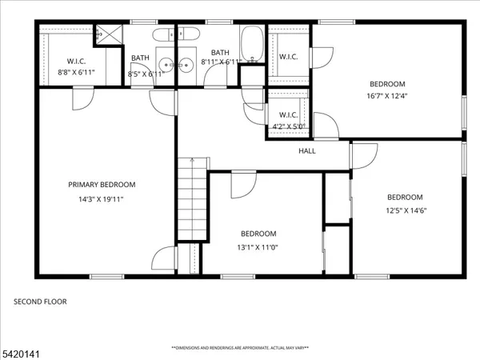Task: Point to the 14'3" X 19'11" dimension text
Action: [x=101, y=199]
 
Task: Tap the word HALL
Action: [x=307, y=150]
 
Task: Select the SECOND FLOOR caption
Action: [x=40, y=302]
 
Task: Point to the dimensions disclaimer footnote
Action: [x=240, y=348]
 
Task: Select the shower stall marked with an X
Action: [x=105, y=34]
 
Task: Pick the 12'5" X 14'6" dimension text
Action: [x=405, y=211]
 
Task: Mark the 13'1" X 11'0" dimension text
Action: [x=258, y=248]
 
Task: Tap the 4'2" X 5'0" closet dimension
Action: [x=289, y=126]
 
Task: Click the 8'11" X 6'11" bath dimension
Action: [x=220, y=62]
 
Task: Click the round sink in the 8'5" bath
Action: [x=166, y=66]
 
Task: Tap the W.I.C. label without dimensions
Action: [x=288, y=56]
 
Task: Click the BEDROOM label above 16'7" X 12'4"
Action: [x=387, y=84]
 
